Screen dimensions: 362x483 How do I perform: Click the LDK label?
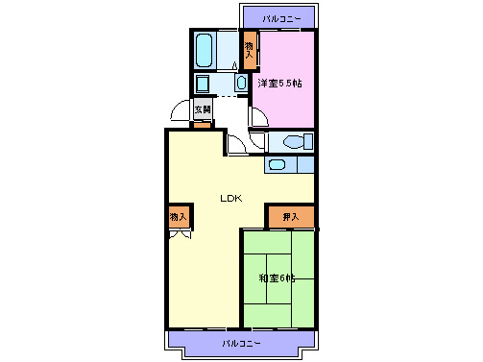coord(230,199)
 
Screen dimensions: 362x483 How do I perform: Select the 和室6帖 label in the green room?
coord(277,278)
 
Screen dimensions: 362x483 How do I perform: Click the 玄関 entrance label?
coord(203,110)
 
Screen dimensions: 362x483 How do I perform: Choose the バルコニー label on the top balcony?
coord(280,18)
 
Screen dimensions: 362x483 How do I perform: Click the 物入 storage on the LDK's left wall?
coord(179,218)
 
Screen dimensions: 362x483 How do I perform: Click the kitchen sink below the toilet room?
coord(277,164)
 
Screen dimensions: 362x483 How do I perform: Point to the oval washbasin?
coord(240,84)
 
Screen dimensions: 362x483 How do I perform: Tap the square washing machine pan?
coord(203,84)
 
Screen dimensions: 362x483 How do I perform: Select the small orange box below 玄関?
coord(203,125)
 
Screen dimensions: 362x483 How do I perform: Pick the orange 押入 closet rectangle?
coord(291,217)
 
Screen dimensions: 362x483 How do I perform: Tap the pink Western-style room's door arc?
coord(257,118)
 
